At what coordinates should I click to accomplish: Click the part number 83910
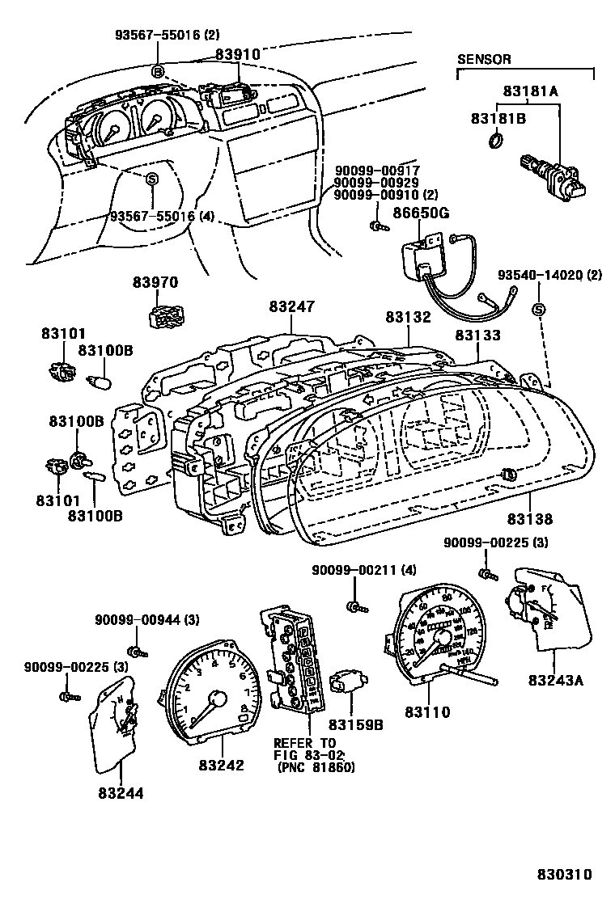click(237, 54)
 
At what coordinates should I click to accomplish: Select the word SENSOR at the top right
click(485, 59)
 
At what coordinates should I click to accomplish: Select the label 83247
click(292, 307)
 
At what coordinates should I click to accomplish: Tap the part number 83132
click(408, 318)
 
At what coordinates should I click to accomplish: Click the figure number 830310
click(565, 875)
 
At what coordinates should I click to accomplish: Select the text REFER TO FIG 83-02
click(304, 749)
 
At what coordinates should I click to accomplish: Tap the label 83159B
click(355, 724)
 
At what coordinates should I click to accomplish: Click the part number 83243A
click(555, 680)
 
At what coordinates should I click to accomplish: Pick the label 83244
click(121, 793)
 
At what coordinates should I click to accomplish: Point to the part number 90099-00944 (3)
click(135, 620)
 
